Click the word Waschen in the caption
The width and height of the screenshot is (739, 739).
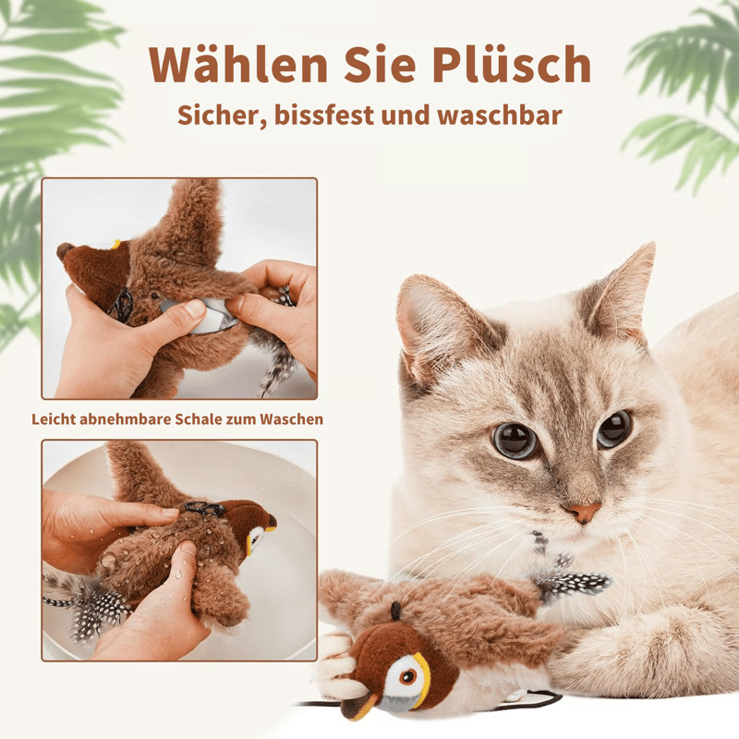click(x=292, y=418)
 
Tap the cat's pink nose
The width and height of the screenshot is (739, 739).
click(x=583, y=511)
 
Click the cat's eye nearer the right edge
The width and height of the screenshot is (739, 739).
click(x=613, y=429)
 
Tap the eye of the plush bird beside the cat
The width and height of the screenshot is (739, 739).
click(x=407, y=677)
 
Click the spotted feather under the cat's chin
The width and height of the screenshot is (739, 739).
click(x=572, y=584)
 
